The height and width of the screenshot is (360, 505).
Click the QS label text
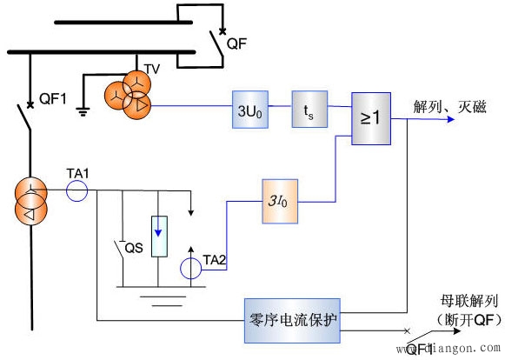click(x=134, y=247)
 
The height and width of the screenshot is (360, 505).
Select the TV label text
click(x=151, y=67)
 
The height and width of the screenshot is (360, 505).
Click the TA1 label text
click(x=79, y=174)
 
